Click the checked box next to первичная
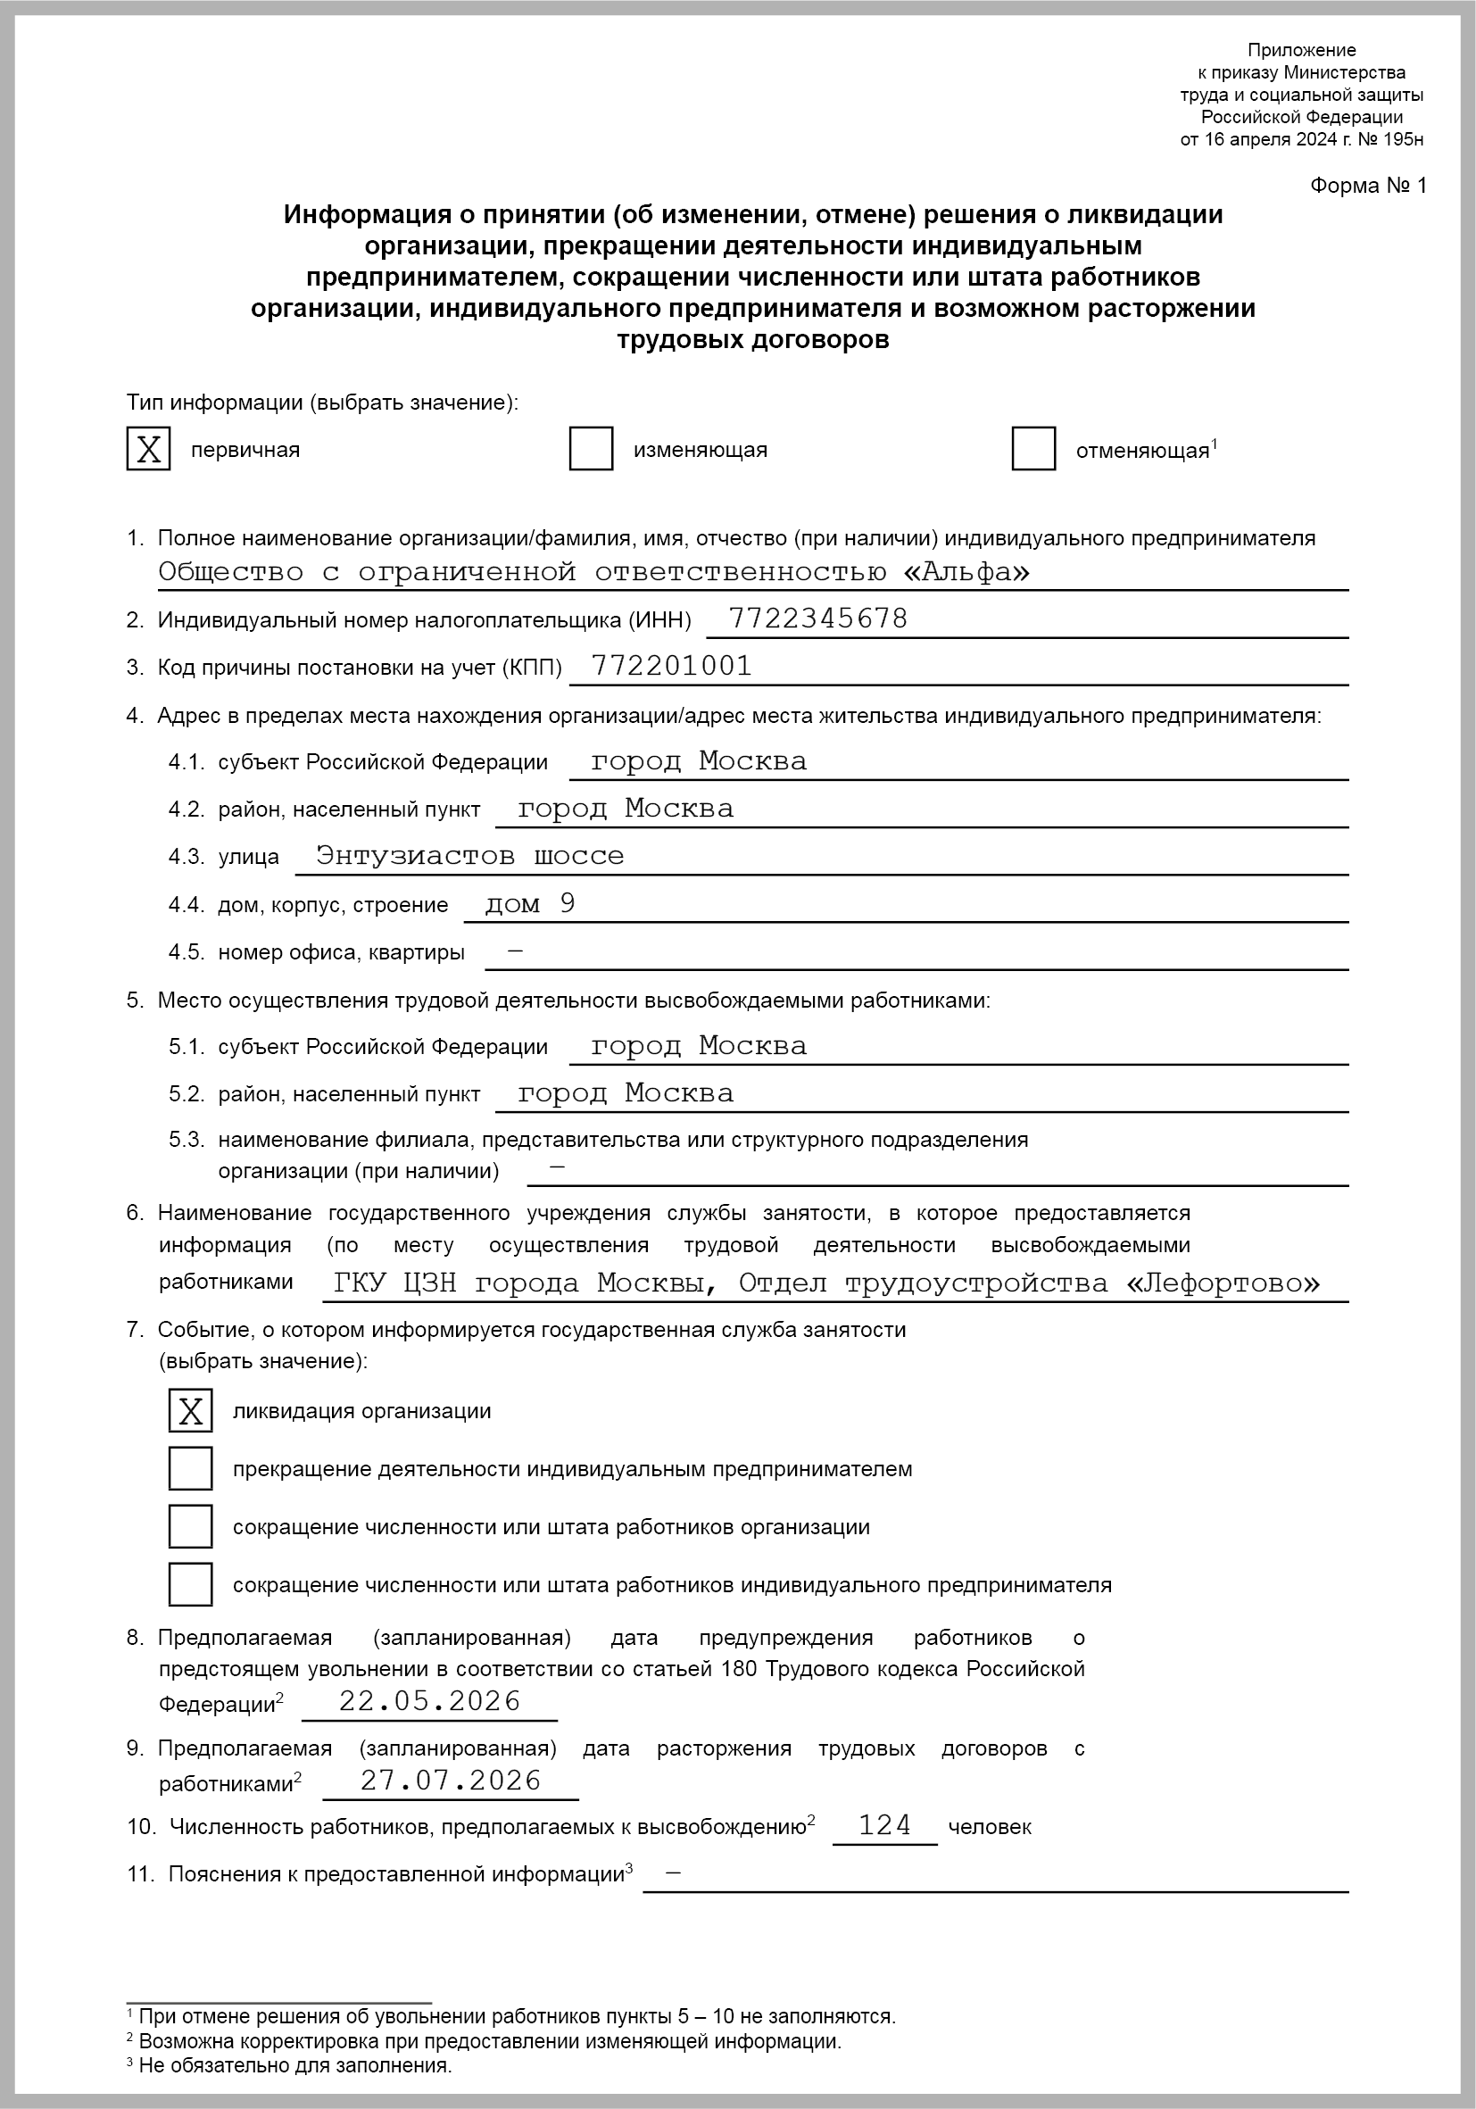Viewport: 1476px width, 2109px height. click(148, 449)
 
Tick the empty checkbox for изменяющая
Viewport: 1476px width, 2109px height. click(591, 449)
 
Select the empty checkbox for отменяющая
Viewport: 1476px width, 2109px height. click(1033, 449)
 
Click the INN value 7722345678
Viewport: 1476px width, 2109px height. click(817, 619)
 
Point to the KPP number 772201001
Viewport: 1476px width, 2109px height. click(671, 665)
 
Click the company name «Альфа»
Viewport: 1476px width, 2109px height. click(966, 571)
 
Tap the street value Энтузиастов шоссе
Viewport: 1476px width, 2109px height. click(469, 855)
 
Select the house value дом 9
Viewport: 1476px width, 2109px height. click(530, 903)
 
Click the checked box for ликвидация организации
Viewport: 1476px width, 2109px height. click(190, 1410)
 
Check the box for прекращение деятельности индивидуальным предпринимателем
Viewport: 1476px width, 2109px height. click(190, 1468)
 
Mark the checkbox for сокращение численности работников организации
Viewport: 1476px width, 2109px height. click(190, 1525)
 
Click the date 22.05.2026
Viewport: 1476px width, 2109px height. click(430, 1700)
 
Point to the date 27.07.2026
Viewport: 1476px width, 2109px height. click(451, 1781)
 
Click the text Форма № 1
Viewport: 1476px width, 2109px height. click(1368, 186)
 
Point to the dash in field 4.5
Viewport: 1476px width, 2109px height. click(515, 951)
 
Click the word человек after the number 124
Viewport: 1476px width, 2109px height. click(989, 1827)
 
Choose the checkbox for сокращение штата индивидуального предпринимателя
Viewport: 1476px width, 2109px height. click(190, 1584)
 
